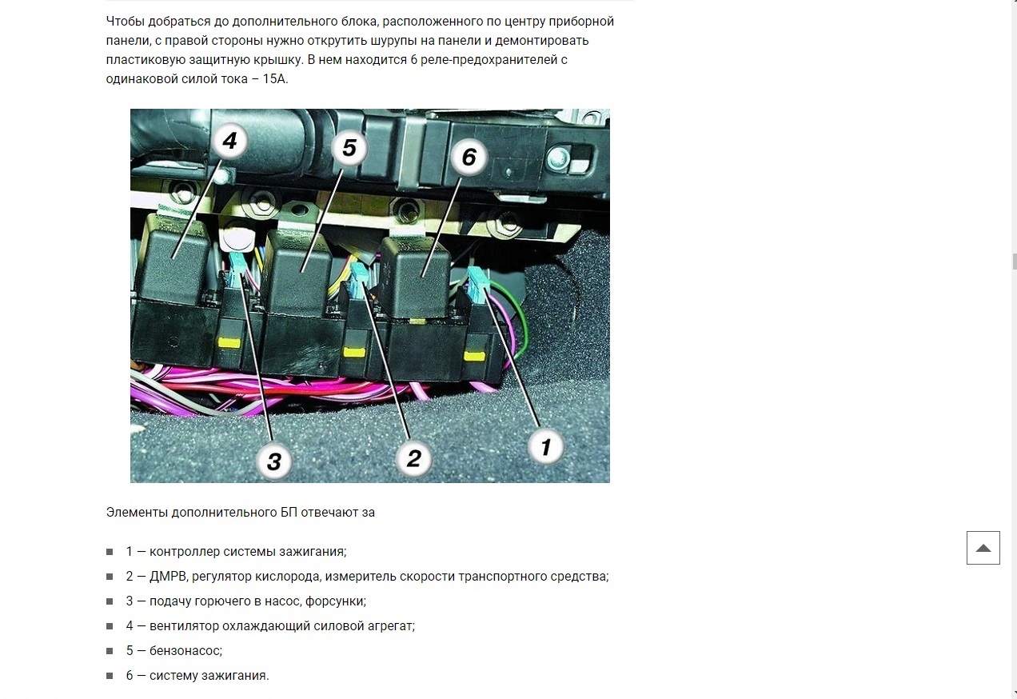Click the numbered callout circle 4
point(229,141)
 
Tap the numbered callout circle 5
point(349,148)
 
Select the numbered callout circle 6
point(469,157)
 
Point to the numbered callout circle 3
point(273,462)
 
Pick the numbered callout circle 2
point(413,458)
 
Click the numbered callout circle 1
point(546,447)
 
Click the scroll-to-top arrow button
point(983,548)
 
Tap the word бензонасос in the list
point(185,651)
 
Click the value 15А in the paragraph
point(275,79)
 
